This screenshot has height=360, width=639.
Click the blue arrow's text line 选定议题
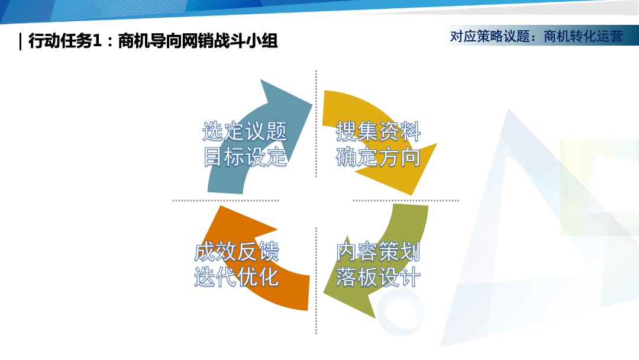point(244,131)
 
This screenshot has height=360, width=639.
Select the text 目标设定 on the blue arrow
point(244,157)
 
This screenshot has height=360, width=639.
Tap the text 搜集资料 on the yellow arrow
point(378,131)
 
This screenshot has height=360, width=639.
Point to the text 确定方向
point(378,157)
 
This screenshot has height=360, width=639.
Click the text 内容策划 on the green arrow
point(378,252)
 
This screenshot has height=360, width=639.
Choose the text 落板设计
point(378,277)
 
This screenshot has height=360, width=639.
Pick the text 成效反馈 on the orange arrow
point(236,252)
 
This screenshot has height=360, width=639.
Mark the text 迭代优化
point(236,277)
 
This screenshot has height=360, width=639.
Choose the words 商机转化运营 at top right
point(583,37)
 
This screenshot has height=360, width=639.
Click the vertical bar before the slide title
point(21,41)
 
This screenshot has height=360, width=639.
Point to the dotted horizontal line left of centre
point(225,201)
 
